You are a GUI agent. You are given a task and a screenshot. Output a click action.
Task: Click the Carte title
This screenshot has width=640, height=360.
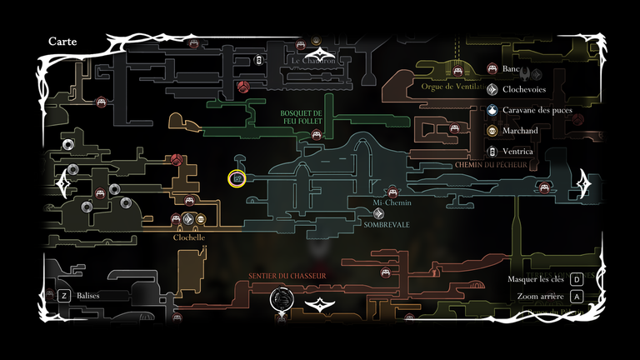(63, 42)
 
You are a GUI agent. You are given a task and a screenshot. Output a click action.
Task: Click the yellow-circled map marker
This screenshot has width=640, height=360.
(237, 178)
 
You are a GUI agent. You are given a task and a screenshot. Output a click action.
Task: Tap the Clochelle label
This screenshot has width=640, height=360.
(189, 237)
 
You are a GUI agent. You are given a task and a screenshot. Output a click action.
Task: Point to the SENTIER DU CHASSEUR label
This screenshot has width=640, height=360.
(287, 276)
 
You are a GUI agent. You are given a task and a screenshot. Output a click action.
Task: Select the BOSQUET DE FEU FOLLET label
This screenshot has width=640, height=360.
(301, 117)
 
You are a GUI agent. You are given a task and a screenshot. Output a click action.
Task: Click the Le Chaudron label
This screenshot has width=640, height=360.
(314, 61)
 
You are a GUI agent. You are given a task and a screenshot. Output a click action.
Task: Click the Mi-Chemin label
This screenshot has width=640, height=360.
(392, 202)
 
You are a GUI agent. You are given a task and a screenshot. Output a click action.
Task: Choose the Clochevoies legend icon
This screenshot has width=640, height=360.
(492, 89)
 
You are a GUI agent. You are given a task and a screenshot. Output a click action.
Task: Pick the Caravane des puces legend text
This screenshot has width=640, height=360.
(537, 110)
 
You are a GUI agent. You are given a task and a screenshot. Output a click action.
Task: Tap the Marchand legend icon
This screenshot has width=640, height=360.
(492, 131)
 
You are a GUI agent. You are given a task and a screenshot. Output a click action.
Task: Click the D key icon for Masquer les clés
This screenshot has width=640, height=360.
(576, 279)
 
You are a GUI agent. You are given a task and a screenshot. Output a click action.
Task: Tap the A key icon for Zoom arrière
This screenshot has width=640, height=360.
(576, 297)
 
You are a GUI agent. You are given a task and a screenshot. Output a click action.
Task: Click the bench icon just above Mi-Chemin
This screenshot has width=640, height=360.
(393, 191)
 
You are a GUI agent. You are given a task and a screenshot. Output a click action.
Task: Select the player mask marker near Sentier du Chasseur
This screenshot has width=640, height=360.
(282, 298)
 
